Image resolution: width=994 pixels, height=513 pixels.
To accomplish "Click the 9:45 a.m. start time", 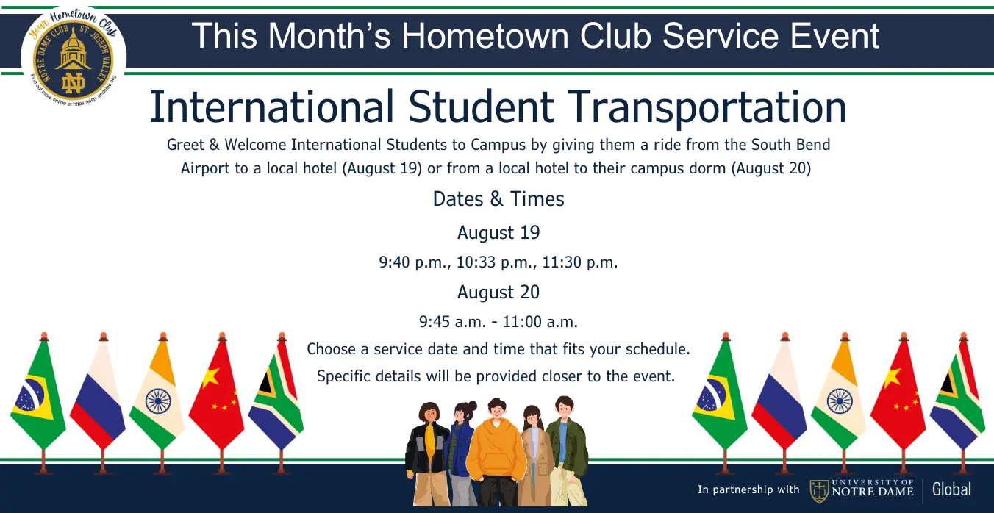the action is pos(452,322).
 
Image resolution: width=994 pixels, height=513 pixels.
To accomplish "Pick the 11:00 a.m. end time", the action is pos(540,322).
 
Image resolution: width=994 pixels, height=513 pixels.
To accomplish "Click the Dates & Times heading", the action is pos(498,199).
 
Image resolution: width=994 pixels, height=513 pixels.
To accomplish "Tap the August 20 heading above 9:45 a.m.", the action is pos(498,292).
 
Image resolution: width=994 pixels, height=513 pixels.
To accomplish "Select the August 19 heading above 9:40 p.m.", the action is pos(498,232).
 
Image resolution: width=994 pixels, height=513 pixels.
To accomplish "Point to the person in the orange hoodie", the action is pos(496,453).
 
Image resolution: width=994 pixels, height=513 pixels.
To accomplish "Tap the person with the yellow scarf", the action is pos(428,453).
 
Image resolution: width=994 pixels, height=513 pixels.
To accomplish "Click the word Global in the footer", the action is pos(951,489).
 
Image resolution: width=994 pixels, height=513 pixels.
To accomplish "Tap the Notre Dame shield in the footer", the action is pos(819,491).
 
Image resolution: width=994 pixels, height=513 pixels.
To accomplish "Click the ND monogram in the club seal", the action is pos(74,83).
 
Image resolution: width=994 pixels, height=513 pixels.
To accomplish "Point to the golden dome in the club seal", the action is pos(74,49).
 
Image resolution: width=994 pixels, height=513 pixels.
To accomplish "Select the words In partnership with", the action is pos(748,489).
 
